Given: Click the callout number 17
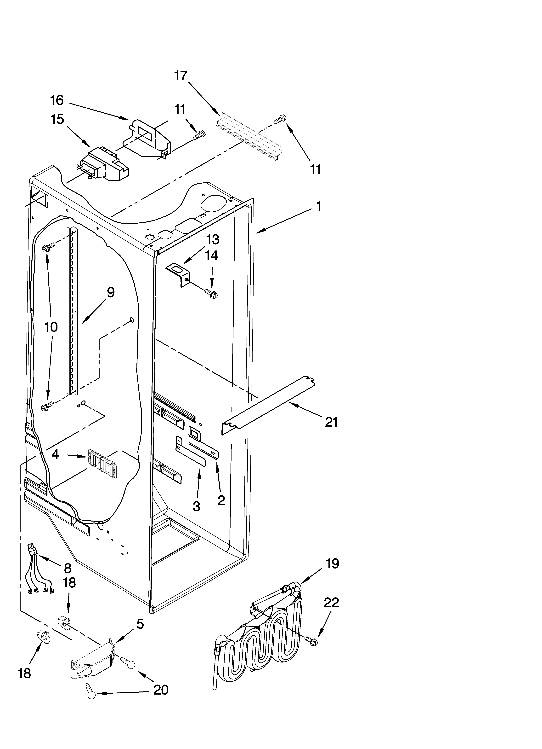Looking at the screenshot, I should (x=181, y=76).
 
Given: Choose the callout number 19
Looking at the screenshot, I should (x=332, y=564).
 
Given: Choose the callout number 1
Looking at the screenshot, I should (x=319, y=206).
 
